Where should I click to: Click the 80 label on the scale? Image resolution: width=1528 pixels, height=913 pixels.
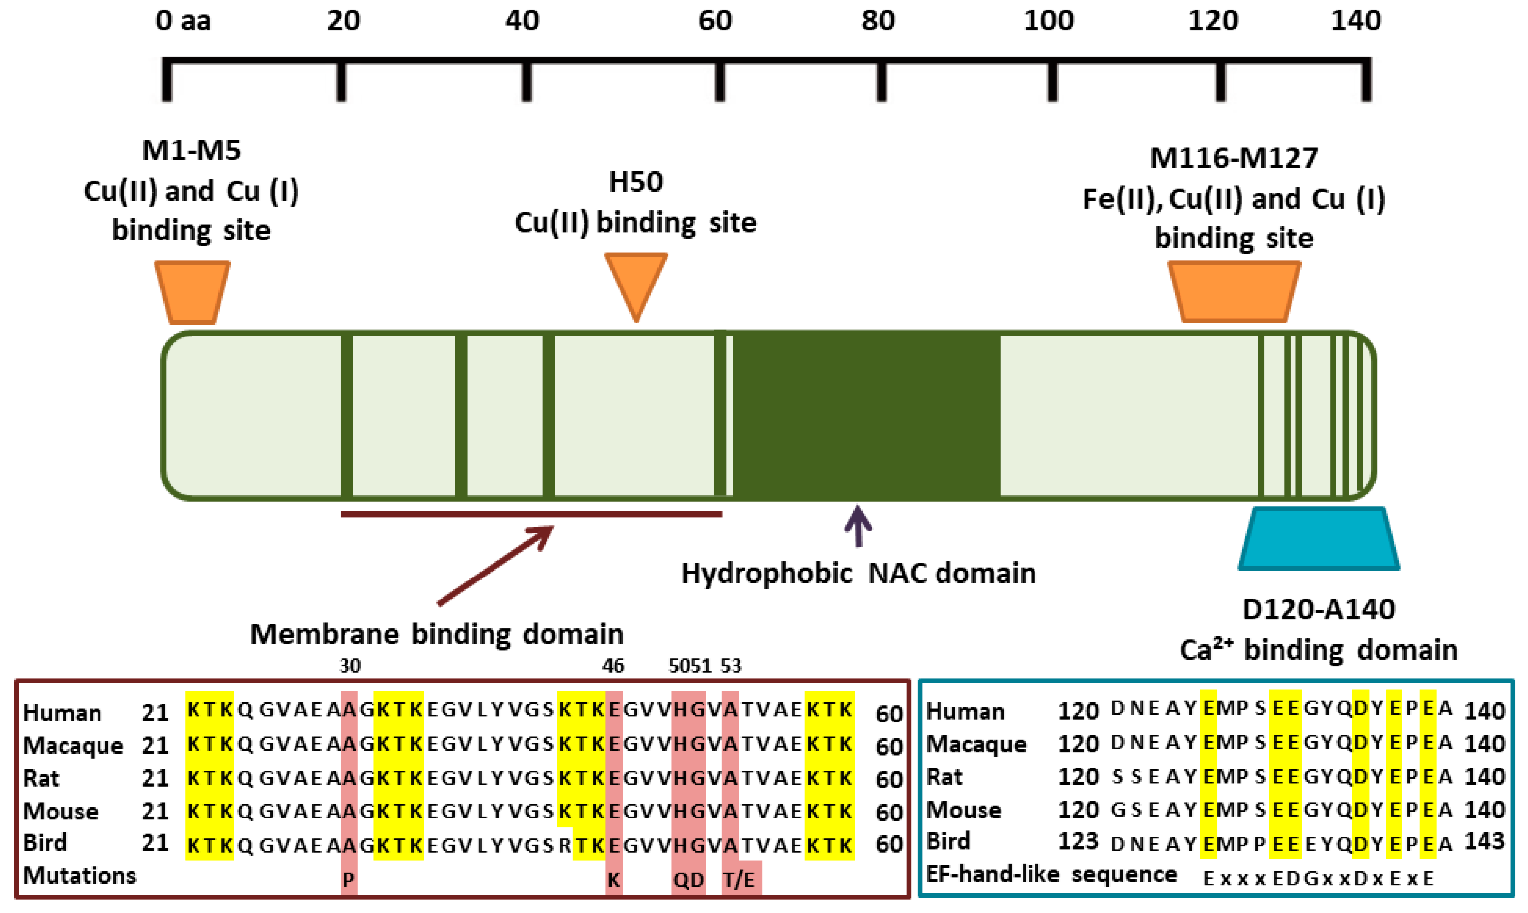[x=878, y=22]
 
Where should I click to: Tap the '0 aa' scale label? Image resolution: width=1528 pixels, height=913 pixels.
[x=183, y=22]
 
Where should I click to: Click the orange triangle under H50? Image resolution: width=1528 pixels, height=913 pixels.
[x=636, y=280]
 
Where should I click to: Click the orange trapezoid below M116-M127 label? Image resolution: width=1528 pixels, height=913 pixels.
[x=1234, y=291]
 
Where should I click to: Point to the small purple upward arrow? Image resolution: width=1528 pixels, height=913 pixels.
[x=858, y=526]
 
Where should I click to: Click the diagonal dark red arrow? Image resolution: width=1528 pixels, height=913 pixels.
[x=495, y=565]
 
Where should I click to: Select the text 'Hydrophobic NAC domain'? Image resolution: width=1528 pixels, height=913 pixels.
[x=858, y=574]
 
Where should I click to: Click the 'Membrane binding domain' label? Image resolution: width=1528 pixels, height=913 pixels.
[x=437, y=634]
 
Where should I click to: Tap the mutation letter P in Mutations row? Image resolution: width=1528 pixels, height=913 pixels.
[x=348, y=879]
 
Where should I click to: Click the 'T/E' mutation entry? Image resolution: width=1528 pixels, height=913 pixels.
[x=739, y=879]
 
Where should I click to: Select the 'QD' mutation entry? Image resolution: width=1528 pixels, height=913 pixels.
[x=688, y=879]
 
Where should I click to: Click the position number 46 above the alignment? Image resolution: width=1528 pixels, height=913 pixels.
[x=612, y=666]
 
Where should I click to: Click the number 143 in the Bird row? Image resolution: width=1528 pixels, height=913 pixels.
[x=1484, y=841]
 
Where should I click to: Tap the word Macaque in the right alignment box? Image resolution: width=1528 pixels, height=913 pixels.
[x=976, y=744]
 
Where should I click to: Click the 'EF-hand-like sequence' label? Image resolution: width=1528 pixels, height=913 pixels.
[x=1050, y=874]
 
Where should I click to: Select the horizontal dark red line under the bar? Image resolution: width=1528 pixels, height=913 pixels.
[x=531, y=514]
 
